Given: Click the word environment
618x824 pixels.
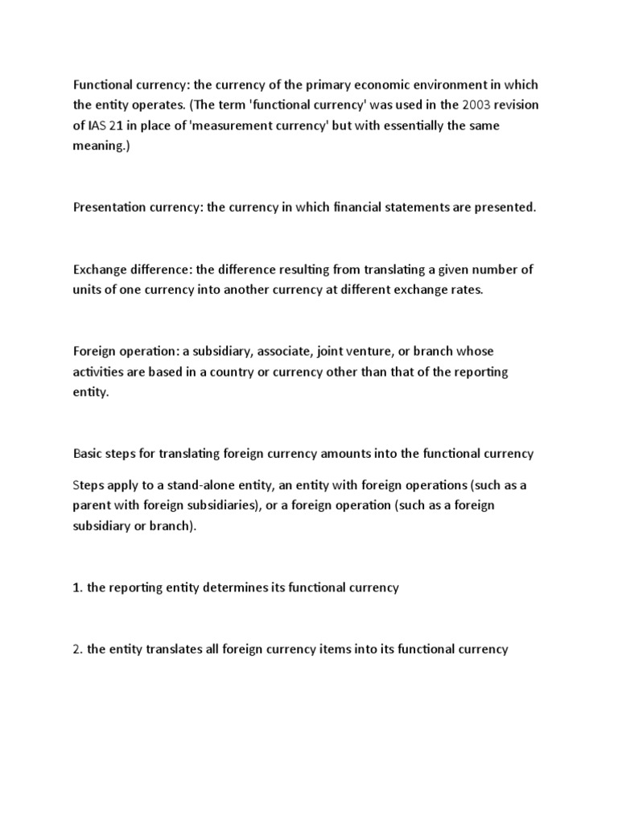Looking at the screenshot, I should (x=434, y=85).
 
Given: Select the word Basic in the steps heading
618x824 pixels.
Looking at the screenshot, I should (x=88, y=453).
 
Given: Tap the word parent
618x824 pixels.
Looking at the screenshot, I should (x=92, y=505).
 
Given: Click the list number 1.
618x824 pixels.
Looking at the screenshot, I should (x=77, y=587).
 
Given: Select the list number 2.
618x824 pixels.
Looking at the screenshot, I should (x=77, y=649).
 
